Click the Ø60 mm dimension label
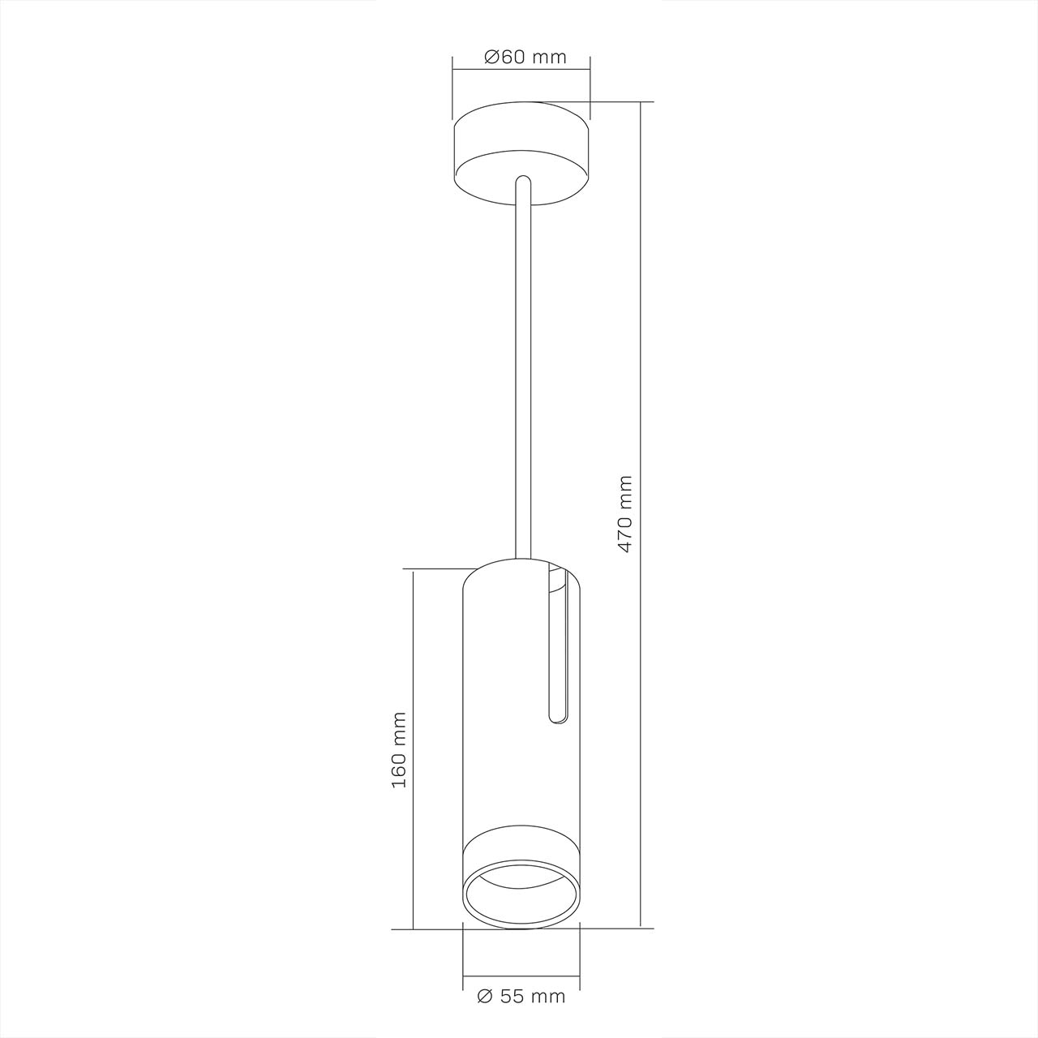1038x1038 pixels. (x=525, y=57)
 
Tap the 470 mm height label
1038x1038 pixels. (x=625, y=513)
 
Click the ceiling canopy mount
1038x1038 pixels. (x=521, y=153)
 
